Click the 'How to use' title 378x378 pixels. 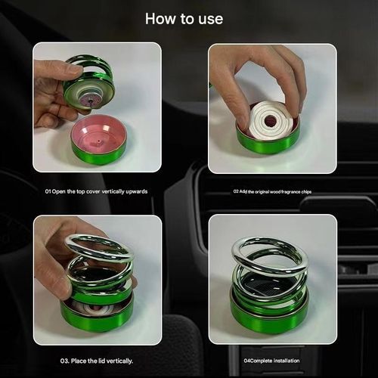coord(184,18)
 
